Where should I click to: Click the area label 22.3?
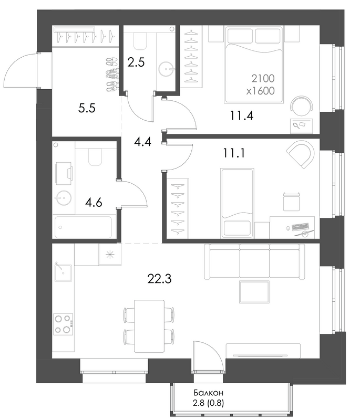point(159,279)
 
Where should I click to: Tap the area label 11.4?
point(241,115)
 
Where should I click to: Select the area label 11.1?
point(234,153)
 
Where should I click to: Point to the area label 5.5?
point(87,109)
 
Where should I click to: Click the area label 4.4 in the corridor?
point(143,141)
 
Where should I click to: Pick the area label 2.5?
point(136,62)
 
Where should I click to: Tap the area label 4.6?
point(94,203)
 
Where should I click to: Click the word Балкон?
point(209,393)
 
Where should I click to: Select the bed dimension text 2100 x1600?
point(261,85)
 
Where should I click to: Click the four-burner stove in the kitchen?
point(63,324)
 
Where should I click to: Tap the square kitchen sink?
point(63,272)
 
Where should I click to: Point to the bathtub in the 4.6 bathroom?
point(83,227)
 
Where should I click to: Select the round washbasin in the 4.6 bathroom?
point(63,198)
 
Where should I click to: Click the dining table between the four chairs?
point(149,326)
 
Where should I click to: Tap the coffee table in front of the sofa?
point(254,291)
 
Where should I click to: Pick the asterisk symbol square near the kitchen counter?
point(110,255)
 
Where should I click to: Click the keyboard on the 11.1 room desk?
point(301,227)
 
